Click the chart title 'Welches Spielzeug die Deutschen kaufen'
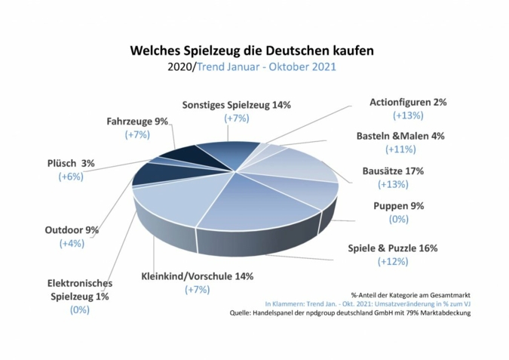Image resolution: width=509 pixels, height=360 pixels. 252,51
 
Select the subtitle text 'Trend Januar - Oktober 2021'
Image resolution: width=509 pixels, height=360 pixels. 266,66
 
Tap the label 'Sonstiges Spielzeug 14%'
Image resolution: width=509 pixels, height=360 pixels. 237,105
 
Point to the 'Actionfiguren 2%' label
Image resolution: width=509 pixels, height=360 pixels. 408,102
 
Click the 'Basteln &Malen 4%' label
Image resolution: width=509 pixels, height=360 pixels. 400,137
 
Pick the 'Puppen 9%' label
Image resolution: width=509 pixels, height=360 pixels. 399,205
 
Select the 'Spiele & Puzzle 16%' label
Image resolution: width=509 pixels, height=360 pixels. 392,248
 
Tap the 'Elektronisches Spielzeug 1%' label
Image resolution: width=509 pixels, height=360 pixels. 79,290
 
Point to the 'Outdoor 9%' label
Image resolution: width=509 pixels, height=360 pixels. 72,229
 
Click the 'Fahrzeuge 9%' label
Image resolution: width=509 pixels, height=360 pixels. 137,121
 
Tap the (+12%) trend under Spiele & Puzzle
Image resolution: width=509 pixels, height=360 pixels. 392,261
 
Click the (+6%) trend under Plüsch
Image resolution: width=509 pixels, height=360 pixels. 72,176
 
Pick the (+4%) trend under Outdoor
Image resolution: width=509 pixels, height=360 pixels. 72,243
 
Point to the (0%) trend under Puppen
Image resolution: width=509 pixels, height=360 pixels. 399,219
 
